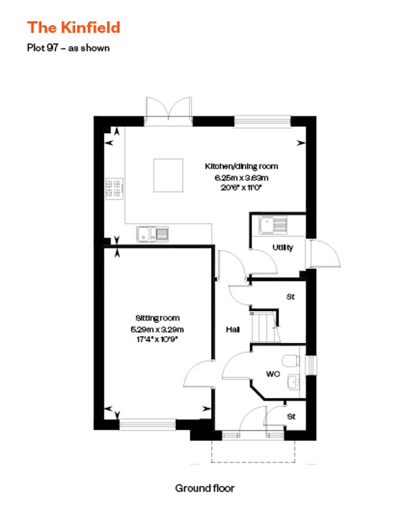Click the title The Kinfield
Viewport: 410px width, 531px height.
coord(73,27)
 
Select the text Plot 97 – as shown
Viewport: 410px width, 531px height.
coord(68,49)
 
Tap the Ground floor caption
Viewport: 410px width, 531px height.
coord(204,488)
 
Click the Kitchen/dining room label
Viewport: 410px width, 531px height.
coord(241,166)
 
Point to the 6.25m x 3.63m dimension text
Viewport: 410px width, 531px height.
coord(242,178)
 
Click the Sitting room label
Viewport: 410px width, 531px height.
coord(157,318)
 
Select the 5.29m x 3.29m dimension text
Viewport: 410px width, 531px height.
coord(157,329)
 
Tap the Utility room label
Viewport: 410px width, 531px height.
coord(283,248)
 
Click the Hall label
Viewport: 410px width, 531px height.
coord(233,330)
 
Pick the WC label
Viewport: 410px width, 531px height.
coord(272,374)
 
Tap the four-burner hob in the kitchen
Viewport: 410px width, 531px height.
coord(113,188)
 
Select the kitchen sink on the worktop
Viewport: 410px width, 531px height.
coord(152,234)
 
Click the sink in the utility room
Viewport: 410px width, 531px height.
coord(273,225)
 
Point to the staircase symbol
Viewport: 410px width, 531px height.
coord(264,327)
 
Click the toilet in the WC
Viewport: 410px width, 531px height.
coord(291,361)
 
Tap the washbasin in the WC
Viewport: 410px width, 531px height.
coord(293,382)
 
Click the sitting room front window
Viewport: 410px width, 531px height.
coord(147,424)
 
